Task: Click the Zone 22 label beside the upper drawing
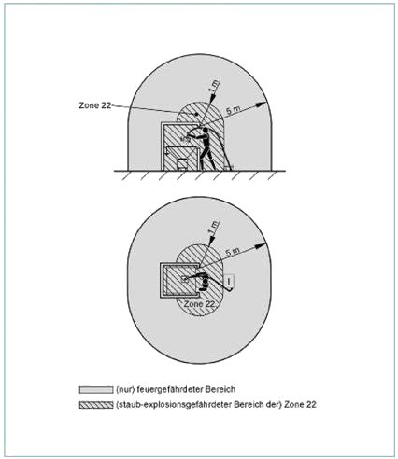click(95, 105)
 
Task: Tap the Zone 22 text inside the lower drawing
click(199, 304)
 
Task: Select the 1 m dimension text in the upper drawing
click(214, 86)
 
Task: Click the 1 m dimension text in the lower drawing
click(214, 227)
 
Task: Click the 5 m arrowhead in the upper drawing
click(263, 104)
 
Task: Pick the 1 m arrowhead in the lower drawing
click(212, 241)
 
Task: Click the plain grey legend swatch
click(96, 389)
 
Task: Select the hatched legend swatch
click(96, 405)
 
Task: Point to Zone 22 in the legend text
click(300, 405)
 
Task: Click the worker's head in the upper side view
click(206, 131)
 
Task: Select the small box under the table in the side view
click(181, 164)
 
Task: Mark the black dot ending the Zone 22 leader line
click(196, 115)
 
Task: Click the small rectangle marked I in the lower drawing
click(229, 281)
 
